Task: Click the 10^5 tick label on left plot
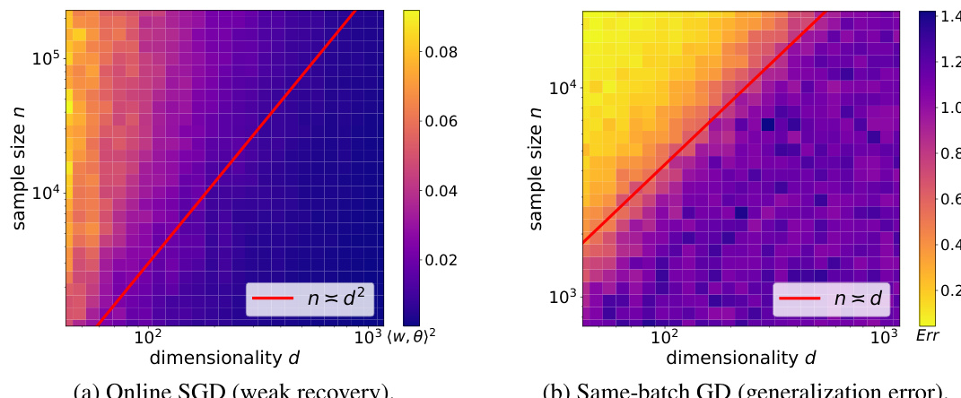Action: pos(46,58)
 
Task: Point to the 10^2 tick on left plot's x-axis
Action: pos(147,338)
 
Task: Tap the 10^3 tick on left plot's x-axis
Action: pos(363,338)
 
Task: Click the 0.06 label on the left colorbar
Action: pos(441,122)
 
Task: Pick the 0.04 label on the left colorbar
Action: pos(441,191)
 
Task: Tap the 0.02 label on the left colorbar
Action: pos(441,260)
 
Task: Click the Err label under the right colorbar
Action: pos(931,337)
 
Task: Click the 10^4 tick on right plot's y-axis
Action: pos(563,88)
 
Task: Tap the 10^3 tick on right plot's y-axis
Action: pos(563,297)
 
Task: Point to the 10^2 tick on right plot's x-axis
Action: pos(664,338)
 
